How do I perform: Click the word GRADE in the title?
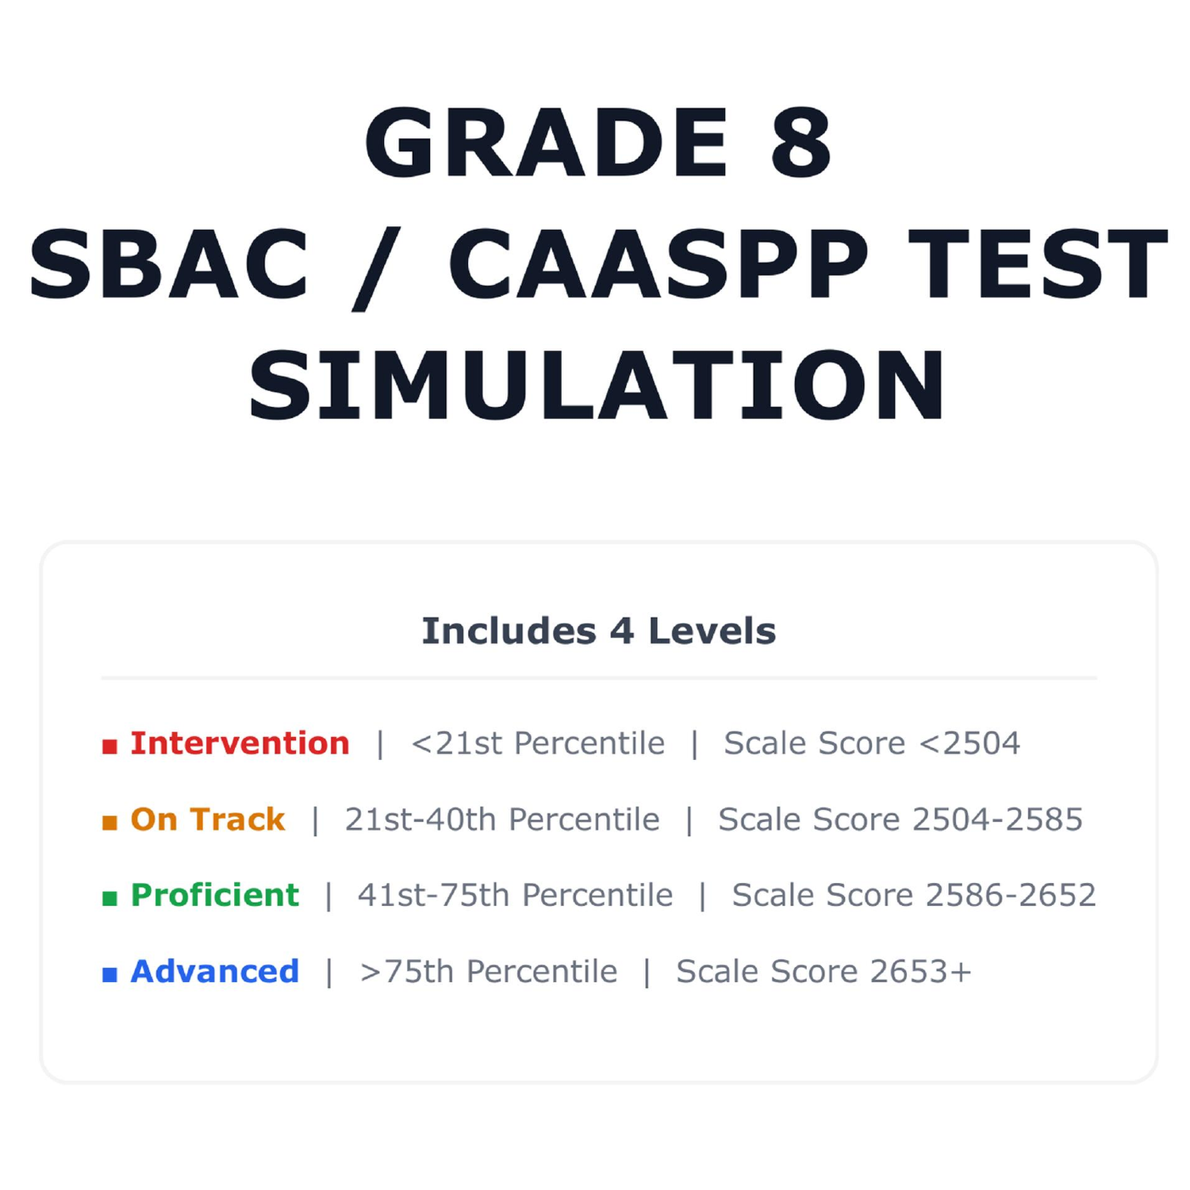(546, 143)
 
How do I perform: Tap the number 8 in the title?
(800, 143)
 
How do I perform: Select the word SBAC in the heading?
(168, 264)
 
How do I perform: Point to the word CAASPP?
(658, 264)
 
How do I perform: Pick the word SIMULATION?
(597, 386)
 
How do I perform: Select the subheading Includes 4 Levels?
(599, 631)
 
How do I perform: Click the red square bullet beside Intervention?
(109, 747)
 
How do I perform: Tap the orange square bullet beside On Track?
(109, 823)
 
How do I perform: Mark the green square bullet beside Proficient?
(109, 898)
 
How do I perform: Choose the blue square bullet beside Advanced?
(109, 974)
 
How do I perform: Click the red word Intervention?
(240, 743)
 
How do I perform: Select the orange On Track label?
(208, 820)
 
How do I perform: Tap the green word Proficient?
(215, 896)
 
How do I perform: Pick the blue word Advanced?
(215, 971)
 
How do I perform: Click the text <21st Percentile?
(538, 743)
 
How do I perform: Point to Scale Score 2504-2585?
(900, 820)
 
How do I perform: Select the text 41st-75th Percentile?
(515, 895)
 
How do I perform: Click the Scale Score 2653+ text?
(823, 971)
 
